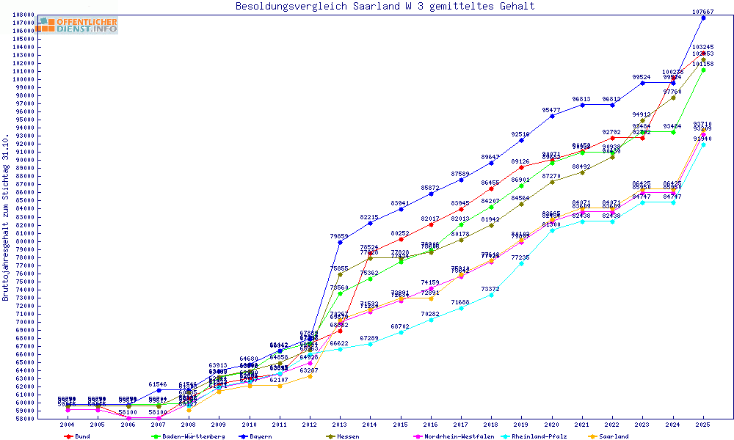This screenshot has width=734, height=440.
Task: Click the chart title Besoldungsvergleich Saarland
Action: tap(385, 7)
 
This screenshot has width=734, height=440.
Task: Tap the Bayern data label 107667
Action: tap(703, 12)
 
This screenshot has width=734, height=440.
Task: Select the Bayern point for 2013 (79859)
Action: tap(340, 242)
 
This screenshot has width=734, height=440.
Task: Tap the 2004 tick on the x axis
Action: tap(68, 424)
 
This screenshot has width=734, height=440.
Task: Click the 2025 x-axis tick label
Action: tap(703, 424)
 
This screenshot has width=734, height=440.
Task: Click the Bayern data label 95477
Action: tap(551, 110)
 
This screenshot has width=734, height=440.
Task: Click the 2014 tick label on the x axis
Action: tap(370, 424)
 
